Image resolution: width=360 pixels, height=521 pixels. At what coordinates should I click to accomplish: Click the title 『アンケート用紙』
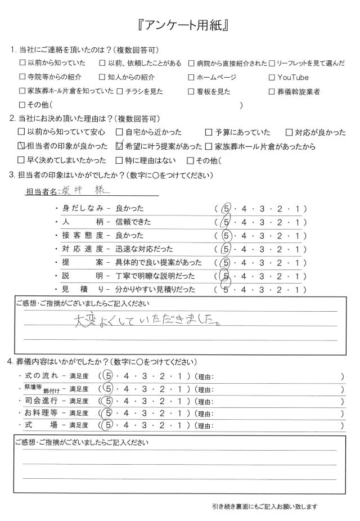pos(180,26)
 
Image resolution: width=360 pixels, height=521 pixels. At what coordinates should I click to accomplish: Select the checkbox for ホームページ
pos(192,77)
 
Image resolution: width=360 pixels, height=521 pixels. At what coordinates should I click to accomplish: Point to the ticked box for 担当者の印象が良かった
pos(22,146)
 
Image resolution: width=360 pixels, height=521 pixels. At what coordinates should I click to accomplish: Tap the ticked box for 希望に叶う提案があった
pos(119,146)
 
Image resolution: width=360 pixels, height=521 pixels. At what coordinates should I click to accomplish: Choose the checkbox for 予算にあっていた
pos(209,133)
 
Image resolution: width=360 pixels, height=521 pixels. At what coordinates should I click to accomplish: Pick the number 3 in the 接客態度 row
pos(263,235)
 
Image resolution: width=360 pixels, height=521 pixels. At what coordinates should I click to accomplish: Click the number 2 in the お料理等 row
pos(163,415)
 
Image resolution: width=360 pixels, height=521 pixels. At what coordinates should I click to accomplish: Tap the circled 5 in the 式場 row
pos(109,428)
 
